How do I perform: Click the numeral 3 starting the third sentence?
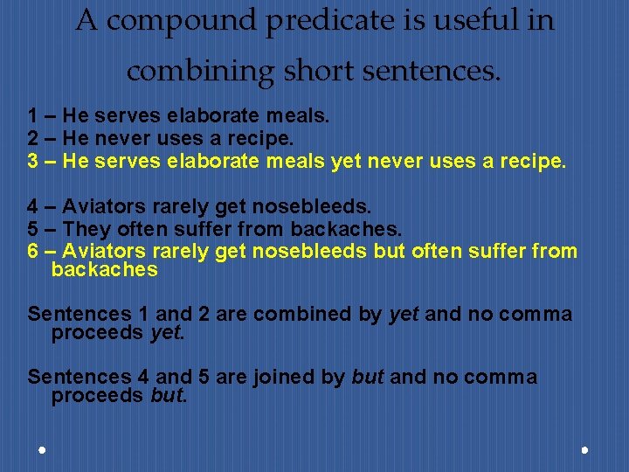point(32,161)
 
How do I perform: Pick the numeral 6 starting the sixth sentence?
point(32,252)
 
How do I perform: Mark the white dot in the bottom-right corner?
point(584,449)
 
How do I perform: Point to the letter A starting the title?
point(86,20)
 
